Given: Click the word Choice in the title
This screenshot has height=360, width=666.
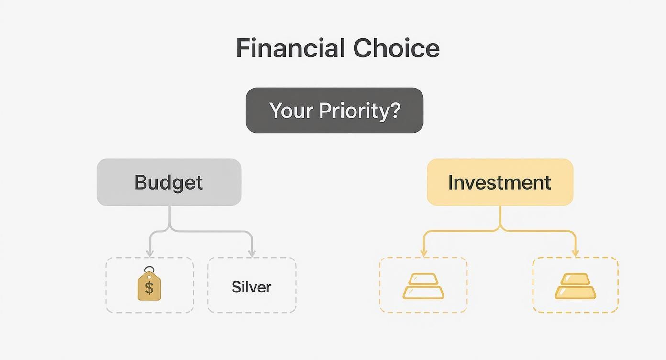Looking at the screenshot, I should coord(396,48).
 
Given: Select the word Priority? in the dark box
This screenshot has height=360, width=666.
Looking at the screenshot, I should coord(359,111).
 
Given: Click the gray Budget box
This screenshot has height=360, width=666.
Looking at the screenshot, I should coord(169,182).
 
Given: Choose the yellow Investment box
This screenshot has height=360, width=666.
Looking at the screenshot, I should coord(500,182).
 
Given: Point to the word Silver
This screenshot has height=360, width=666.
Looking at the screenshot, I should coord(251,287).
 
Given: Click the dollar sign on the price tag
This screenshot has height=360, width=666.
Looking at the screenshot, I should coord(149,288).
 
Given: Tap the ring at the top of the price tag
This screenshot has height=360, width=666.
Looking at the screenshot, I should coord(149,270).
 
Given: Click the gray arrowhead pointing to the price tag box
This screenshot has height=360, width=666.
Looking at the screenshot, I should coord(150,252).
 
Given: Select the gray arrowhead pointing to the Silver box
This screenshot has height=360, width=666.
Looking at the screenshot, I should coord(252,252).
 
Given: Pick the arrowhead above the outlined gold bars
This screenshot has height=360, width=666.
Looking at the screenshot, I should coord(423,252).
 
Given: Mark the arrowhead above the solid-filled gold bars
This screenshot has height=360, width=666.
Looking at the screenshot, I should coord(575,252).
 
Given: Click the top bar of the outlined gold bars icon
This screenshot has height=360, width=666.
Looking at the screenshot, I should coord(423,279).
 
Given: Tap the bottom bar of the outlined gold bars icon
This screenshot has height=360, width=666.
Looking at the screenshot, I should coord(423,292).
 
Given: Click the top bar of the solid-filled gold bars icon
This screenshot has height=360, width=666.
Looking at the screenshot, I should coord(575,279).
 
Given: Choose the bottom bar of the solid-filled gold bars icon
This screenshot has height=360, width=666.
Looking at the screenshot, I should coord(575,292).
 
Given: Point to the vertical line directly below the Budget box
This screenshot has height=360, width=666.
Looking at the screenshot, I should coord(169,216).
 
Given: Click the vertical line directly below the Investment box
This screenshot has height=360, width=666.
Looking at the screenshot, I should coord(500,216).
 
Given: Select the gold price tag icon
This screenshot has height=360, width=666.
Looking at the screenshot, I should coord(149,286).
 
